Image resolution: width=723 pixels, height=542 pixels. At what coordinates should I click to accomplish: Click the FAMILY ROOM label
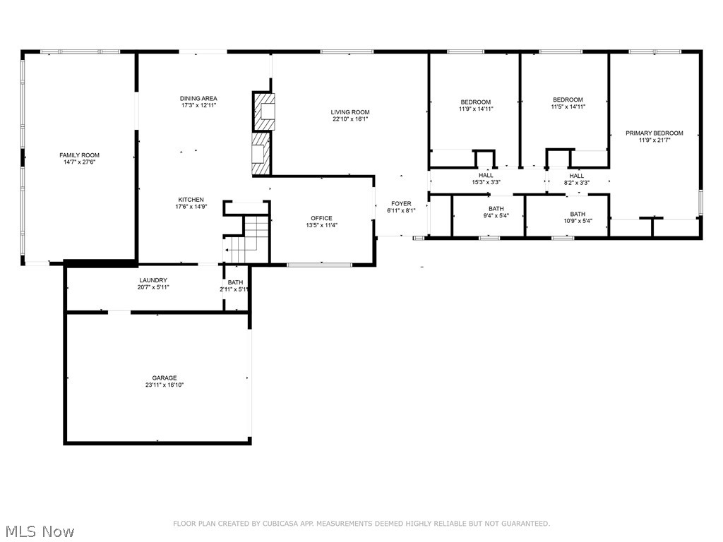(x=79, y=155)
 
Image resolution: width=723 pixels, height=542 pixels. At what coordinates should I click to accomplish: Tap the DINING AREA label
(x=198, y=98)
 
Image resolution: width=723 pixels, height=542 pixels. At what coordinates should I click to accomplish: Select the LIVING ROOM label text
(x=350, y=112)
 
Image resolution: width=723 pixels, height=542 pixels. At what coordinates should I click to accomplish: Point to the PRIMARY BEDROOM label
(x=655, y=133)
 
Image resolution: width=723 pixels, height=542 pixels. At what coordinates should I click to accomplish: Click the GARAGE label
(x=164, y=378)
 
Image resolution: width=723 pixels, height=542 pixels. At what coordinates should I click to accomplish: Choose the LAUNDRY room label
(x=153, y=280)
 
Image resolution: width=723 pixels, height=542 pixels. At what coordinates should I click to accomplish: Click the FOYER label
(x=401, y=203)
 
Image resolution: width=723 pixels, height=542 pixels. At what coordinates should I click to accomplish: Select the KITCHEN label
(x=171, y=200)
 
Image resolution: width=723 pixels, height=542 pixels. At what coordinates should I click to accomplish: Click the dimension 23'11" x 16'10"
(x=164, y=385)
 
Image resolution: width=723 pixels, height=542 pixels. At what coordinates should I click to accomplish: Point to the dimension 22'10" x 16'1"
(x=350, y=119)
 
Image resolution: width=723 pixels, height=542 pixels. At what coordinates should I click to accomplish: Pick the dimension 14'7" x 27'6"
(x=79, y=162)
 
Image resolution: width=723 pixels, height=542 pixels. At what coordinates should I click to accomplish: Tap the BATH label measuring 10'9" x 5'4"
(x=578, y=214)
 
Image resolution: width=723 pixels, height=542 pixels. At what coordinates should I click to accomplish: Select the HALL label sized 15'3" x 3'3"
(x=486, y=175)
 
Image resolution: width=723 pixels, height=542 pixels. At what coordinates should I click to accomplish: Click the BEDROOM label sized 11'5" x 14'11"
(x=568, y=100)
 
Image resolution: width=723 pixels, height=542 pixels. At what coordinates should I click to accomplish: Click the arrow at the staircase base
(x=229, y=250)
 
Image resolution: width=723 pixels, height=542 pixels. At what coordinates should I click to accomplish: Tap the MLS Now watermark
(x=40, y=531)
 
